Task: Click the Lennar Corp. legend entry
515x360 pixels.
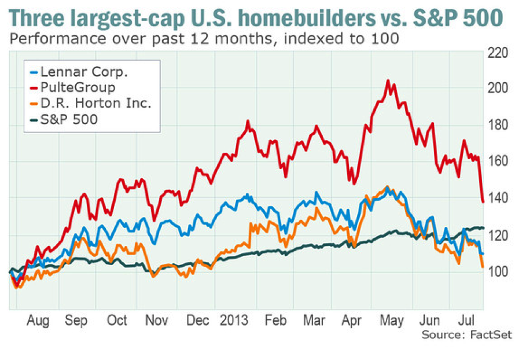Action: click(x=79, y=72)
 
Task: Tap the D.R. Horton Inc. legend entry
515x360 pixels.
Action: click(x=89, y=104)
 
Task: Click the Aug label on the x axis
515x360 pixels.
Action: click(x=39, y=321)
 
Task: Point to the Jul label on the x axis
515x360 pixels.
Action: click(x=465, y=321)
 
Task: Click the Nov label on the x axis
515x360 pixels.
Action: click(x=154, y=321)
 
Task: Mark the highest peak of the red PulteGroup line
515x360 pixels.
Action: click(x=387, y=80)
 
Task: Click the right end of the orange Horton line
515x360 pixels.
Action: click(x=483, y=267)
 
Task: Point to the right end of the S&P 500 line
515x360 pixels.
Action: click(x=483, y=227)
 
